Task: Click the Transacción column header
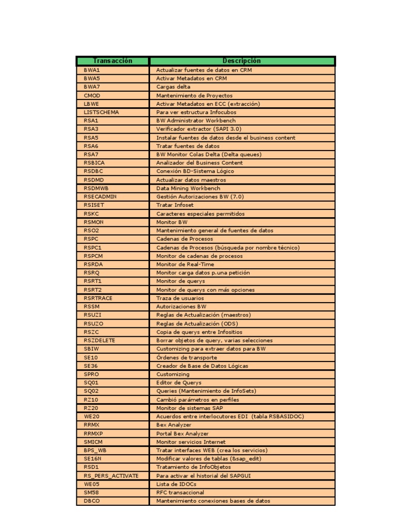tap(112, 61)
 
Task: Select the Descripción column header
tap(242, 61)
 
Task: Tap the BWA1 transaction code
tap(92, 70)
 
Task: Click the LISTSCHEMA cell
tap(101, 112)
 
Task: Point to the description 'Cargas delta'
tap(173, 87)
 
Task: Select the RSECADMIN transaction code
tap(100, 197)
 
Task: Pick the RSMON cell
tap(93, 222)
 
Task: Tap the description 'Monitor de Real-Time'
tap(185, 265)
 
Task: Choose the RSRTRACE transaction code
tap(98, 298)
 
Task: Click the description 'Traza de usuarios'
tap(180, 298)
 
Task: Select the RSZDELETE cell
tap(100, 340)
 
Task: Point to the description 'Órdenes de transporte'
tap(187, 357)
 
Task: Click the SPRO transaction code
tap(92, 374)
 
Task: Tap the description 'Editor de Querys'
tap(179, 383)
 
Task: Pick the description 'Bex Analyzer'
tap(174, 425)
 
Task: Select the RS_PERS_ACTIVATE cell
tap(111, 476)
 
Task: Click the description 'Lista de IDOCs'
tap(176, 484)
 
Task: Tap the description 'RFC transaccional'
tap(180, 492)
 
